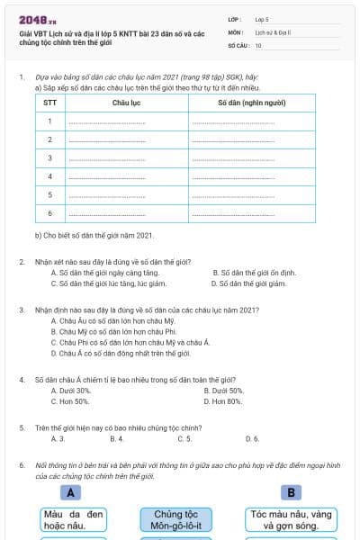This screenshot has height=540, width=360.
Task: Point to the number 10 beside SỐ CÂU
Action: coord(258,45)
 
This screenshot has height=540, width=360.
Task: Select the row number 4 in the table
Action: coord(50,176)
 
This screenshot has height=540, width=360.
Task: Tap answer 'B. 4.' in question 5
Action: coord(116,439)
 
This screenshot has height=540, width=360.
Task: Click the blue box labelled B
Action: coord(292,492)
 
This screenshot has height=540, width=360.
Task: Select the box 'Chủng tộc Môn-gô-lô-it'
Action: coord(180,520)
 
